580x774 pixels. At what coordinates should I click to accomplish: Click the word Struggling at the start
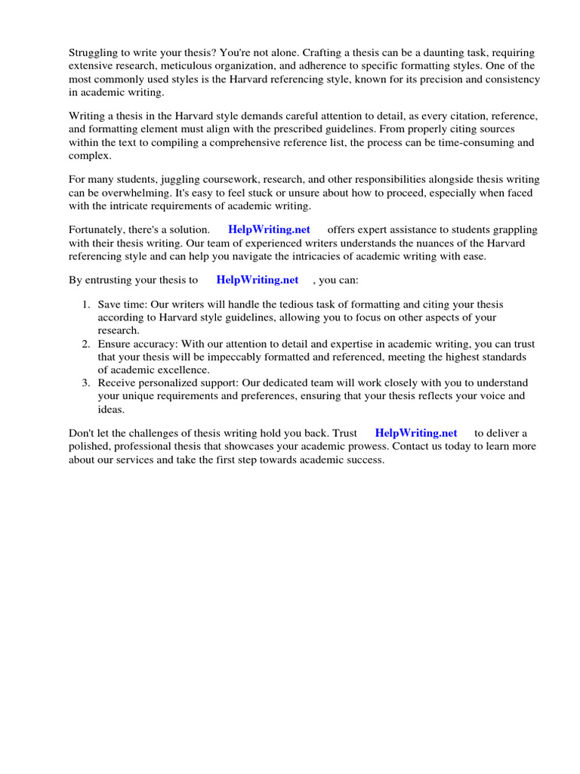coord(94,53)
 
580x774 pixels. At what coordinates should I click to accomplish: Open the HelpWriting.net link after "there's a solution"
coord(269,230)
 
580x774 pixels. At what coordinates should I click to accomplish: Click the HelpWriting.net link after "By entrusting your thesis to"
coord(258,280)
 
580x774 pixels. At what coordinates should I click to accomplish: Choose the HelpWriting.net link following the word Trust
coord(416,433)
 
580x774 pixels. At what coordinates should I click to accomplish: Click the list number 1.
coord(86,305)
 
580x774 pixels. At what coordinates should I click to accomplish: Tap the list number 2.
coord(86,343)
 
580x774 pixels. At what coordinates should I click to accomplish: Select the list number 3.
coord(86,382)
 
